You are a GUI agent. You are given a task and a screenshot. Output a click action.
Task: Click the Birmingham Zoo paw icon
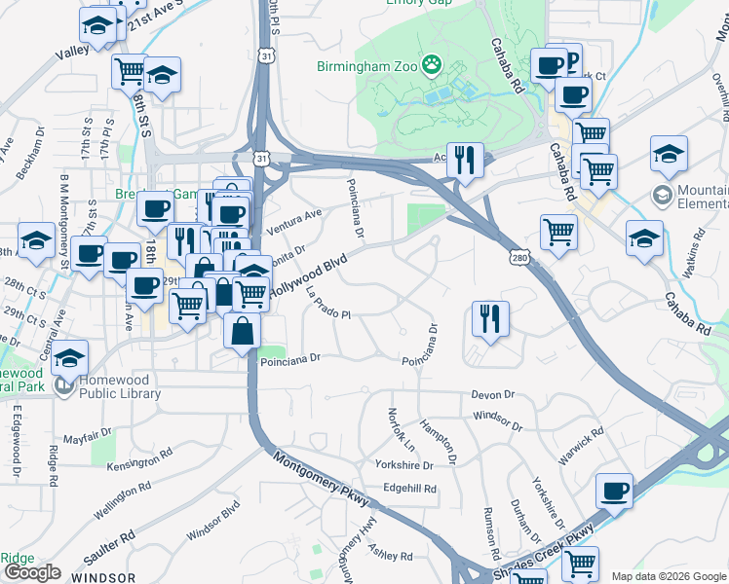(432, 67)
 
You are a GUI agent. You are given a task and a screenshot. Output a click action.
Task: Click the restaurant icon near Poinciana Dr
(490, 318)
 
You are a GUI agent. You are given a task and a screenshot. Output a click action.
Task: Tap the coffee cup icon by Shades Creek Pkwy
(614, 492)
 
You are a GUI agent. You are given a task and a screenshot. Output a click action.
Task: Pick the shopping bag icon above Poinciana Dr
(242, 331)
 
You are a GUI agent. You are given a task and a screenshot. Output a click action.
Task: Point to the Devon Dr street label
(492, 394)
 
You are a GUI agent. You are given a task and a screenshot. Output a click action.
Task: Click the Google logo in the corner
(32, 572)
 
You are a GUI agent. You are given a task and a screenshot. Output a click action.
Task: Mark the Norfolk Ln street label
(403, 429)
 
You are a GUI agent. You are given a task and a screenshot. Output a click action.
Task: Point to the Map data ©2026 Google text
(669, 576)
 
